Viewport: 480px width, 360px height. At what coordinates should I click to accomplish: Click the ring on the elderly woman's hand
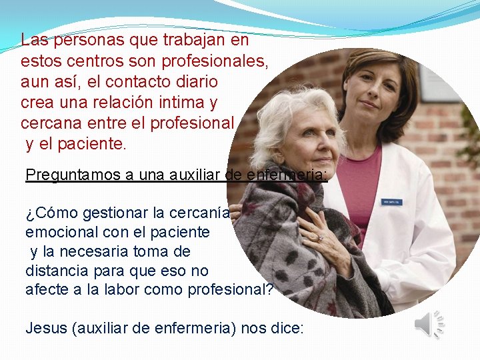[x=320, y=237]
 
